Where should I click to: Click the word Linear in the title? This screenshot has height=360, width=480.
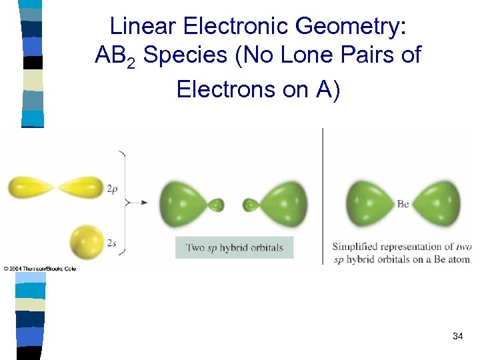[137, 26]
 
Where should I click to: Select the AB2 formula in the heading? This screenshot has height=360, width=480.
[115, 56]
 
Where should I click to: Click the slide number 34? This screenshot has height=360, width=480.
[457, 337]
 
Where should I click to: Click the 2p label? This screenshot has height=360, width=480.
[113, 189]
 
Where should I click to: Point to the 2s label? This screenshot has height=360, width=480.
[112, 243]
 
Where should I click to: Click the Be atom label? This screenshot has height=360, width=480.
[403, 204]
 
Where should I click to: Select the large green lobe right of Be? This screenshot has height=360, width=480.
[437, 203]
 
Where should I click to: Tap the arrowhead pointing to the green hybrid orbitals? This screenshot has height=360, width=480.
[149, 201]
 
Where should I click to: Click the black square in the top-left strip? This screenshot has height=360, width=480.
[32, 63]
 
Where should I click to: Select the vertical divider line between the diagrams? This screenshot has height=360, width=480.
[323, 197]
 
